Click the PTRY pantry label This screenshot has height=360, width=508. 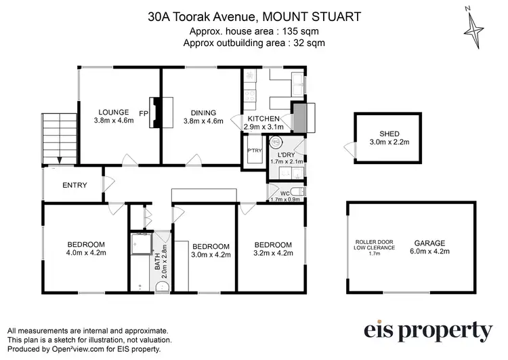255,151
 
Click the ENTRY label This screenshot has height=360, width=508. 75,185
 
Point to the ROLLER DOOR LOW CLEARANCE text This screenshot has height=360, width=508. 370,247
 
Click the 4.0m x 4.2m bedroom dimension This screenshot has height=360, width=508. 86,253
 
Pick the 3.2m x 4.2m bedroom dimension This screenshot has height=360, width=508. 273,253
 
